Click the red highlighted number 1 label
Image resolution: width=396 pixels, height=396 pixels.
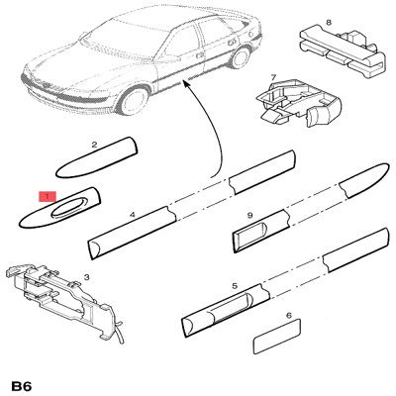[x=48, y=196]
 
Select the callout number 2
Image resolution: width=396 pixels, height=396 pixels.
[x=94, y=145]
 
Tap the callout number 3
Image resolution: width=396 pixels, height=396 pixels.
[x=86, y=277]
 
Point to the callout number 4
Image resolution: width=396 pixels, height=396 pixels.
[x=133, y=215]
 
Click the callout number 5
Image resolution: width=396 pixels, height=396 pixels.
[x=235, y=285]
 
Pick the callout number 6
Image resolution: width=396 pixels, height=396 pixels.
[x=289, y=316]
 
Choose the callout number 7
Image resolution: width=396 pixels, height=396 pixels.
[x=273, y=78]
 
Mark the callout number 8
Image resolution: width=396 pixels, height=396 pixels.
[x=329, y=23]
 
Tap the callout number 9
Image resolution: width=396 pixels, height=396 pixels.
[x=249, y=216]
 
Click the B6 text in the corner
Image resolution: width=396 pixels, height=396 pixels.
[x=22, y=386]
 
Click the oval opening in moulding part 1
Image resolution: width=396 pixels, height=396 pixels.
[x=68, y=208]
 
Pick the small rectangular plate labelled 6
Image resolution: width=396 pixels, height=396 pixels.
[x=277, y=337]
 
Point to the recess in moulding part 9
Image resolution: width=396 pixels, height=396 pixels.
[x=251, y=234]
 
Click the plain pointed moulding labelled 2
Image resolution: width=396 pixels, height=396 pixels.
[x=96, y=158]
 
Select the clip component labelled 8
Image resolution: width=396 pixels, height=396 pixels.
[x=343, y=49]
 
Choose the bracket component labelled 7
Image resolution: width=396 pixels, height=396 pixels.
[x=299, y=102]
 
